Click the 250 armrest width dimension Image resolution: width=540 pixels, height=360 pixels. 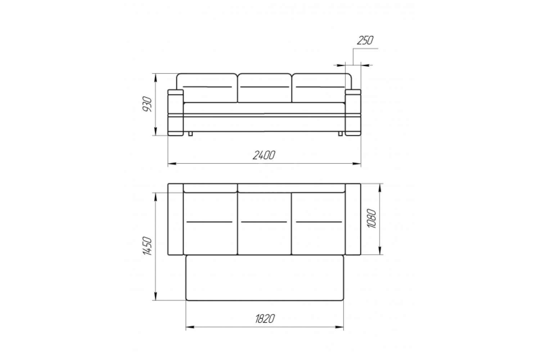(365, 40)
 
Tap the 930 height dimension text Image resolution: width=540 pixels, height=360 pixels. (147, 104)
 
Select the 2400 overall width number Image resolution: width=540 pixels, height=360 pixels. (264, 155)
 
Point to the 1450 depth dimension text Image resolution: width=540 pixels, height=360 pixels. (147, 246)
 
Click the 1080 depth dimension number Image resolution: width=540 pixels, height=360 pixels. (371, 219)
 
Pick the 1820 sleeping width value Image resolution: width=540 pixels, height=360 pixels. (265, 319)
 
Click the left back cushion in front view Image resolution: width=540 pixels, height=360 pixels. (207, 88)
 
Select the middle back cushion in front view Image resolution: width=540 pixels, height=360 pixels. (265, 88)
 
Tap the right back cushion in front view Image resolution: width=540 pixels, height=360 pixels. (321, 88)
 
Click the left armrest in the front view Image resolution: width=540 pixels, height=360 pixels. (176, 112)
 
